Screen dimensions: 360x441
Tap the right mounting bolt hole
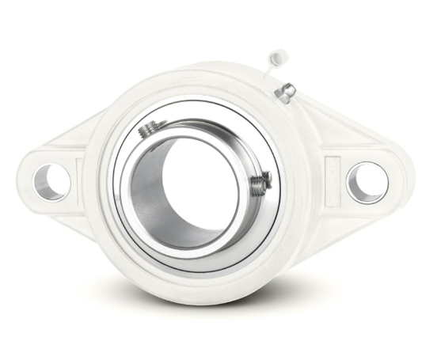[367, 182]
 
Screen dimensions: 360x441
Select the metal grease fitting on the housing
[285, 93]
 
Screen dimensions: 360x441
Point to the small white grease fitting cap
[278, 57]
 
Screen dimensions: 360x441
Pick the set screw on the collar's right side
[260, 185]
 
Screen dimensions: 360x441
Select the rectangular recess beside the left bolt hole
[79, 176]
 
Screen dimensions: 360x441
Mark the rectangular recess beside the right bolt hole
[332, 176]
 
